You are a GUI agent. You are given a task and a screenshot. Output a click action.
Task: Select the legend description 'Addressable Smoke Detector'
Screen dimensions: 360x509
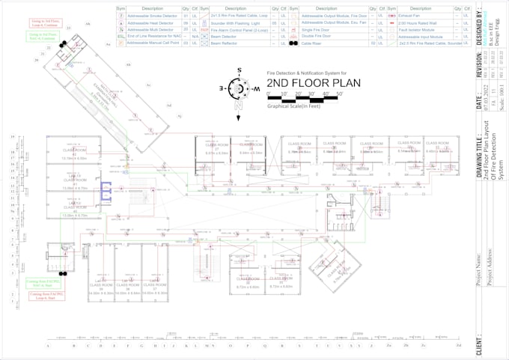154,16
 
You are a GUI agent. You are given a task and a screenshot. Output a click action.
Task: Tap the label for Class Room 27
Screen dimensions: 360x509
216,147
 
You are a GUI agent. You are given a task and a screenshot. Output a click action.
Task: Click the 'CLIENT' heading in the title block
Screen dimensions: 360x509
480,343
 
